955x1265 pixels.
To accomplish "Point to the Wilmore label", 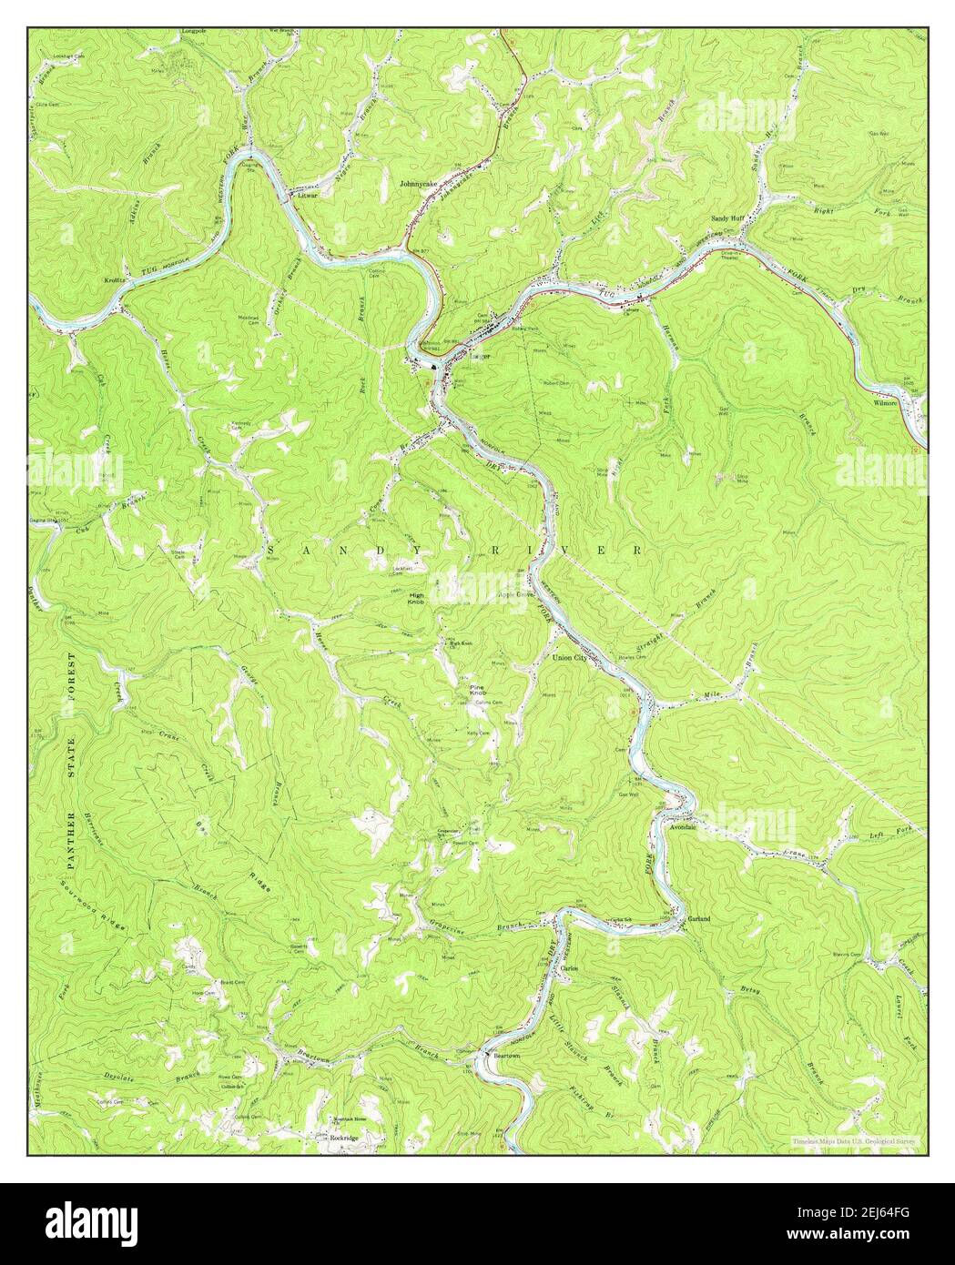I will click(x=885, y=401).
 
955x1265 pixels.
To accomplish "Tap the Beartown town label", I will click(x=502, y=1056).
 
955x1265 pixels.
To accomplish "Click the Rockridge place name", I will click(x=344, y=1138).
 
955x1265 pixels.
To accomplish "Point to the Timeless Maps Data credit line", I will click(x=854, y=1141).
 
